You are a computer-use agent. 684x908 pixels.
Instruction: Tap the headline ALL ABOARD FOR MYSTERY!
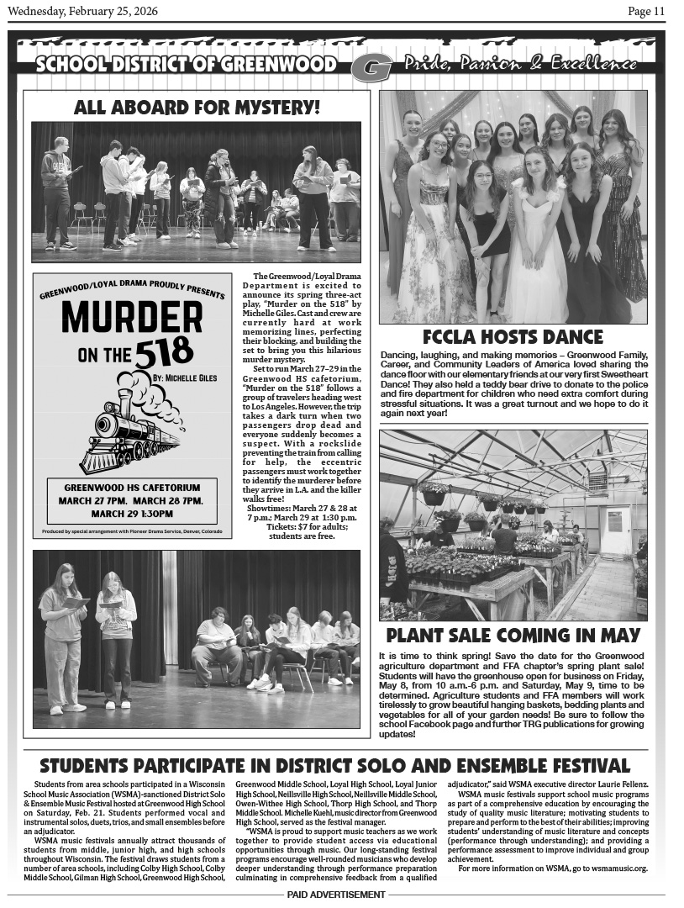click(197, 107)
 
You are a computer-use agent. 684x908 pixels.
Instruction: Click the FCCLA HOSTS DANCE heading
click(513, 337)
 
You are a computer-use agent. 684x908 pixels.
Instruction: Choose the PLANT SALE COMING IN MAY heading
click(513, 635)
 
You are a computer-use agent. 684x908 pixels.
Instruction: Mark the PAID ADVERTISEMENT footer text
click(335, 894)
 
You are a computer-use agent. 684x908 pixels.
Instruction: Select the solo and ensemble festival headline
click(334, 766)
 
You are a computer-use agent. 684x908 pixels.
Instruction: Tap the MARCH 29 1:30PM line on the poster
click(132, 514)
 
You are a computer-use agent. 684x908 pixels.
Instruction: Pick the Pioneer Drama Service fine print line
click(132, 532)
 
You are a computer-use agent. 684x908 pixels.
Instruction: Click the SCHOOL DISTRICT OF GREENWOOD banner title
click(187, 66)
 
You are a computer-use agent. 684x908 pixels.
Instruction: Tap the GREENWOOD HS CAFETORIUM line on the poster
click(132, 488)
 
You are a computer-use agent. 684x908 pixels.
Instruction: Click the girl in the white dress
click(535, 244)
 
